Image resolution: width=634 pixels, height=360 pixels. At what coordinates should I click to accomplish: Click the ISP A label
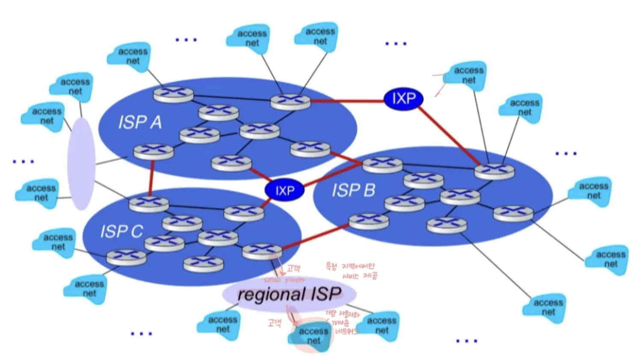pos(140,123)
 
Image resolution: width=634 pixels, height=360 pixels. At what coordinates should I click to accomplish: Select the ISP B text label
pos(353,190)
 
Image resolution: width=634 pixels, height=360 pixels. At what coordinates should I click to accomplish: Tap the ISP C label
pos(121,232)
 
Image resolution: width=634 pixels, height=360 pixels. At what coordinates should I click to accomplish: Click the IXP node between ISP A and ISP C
pos(284,190)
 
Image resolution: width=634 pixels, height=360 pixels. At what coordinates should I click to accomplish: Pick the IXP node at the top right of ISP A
pos(403,99)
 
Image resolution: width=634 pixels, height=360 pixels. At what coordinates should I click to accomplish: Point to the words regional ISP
pos(289,294)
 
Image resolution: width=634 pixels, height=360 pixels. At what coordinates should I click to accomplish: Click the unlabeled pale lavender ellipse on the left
pos(81,164)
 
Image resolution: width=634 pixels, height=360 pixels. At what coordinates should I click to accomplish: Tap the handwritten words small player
pos(284,280)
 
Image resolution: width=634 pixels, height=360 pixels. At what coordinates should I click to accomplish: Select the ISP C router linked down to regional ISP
pos(262,251)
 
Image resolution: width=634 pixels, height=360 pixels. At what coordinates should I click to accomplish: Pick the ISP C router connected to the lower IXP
pos(244,212)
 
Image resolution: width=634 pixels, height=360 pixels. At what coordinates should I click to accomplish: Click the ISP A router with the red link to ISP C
pos(153,152)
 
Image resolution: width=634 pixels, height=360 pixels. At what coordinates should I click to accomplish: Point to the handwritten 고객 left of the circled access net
pos(275,322)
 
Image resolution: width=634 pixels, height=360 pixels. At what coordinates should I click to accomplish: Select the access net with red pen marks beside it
pos(468,76)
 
